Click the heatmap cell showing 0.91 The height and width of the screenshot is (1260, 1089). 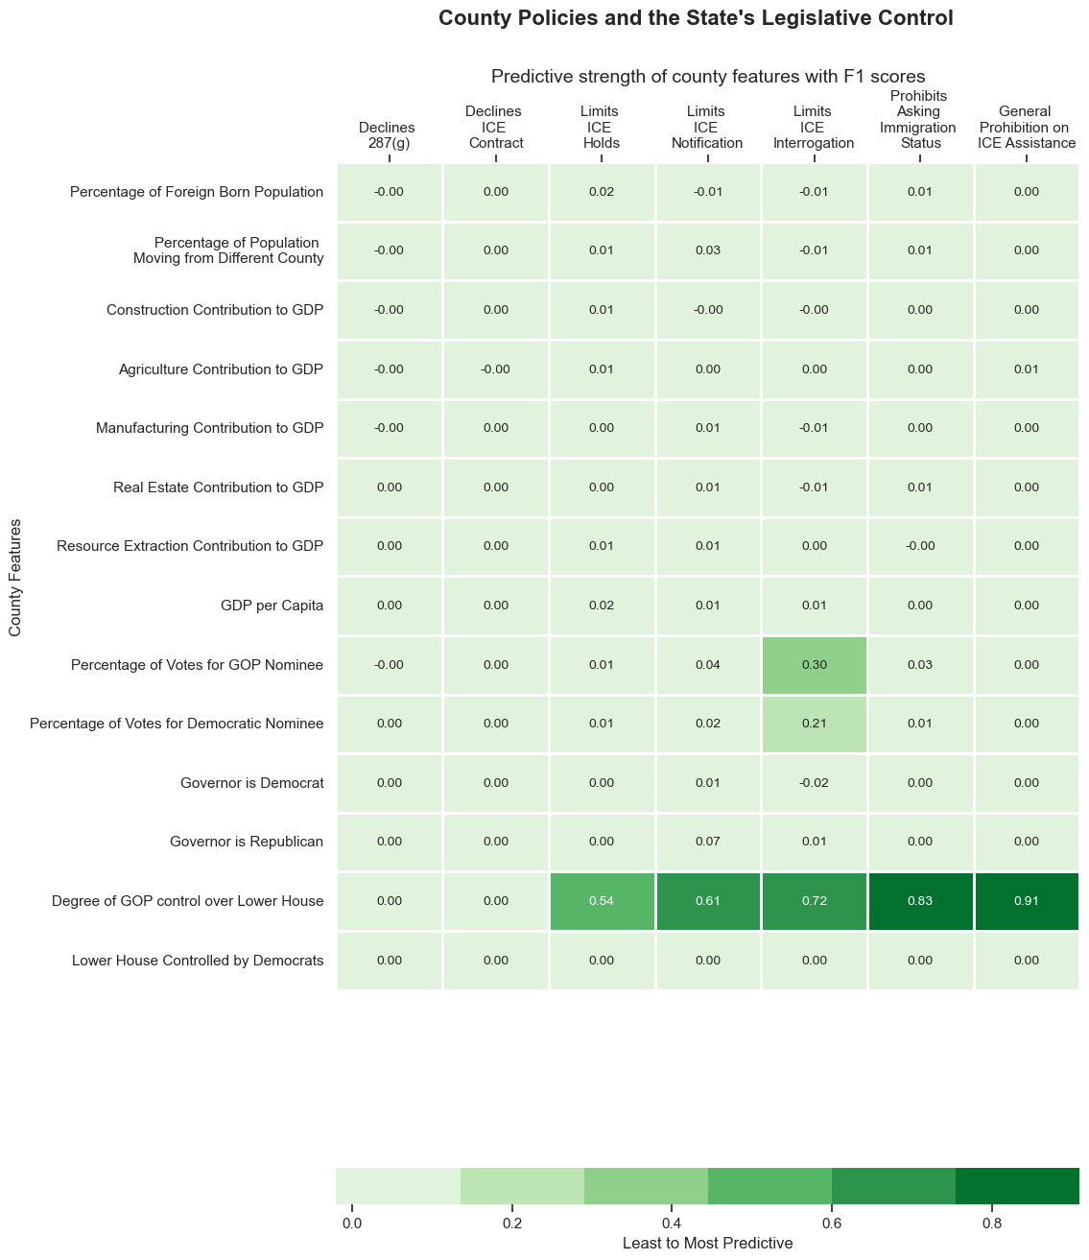[1027, 901]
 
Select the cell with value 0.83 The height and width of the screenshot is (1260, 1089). [920, 901]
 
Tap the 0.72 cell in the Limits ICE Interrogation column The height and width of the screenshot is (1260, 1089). [815, 901]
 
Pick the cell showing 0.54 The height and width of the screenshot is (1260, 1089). [603, 901]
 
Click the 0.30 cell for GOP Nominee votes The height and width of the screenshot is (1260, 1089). [815, 665]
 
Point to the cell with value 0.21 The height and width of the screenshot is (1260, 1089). [815, 724]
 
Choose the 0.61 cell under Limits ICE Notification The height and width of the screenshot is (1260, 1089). [708, 901]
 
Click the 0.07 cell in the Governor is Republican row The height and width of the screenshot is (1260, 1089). [708, 842]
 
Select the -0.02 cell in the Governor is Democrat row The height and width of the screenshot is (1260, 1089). [815, 783]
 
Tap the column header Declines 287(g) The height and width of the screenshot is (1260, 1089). [387, 135]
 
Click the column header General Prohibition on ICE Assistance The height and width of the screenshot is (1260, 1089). [1027, 128]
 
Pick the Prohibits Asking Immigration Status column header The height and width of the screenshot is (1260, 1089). [919, 120]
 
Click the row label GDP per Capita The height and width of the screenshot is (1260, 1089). [272, 606]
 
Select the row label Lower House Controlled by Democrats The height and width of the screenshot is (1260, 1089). [198, 960]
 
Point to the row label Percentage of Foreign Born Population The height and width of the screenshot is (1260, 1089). [197, 192]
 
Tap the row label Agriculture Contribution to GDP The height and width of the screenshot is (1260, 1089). [222, 369]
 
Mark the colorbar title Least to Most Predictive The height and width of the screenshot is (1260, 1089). [707, 1243]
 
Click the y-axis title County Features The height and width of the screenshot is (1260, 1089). [15, 578]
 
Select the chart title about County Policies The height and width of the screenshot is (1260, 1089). [696, 18]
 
